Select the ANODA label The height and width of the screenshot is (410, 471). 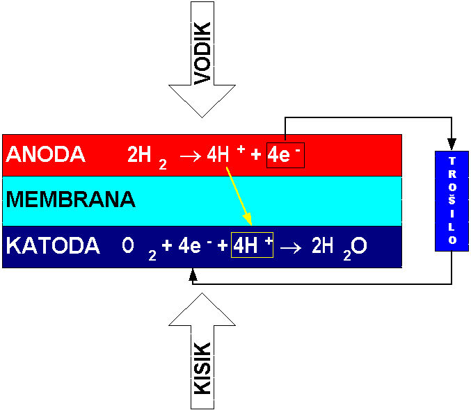45,155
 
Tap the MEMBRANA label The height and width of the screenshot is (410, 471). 70,200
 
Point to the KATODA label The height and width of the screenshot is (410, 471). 52,247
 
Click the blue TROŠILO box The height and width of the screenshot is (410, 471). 452,200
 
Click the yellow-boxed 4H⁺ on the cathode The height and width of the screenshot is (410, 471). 253,247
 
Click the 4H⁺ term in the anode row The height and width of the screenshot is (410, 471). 225,155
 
